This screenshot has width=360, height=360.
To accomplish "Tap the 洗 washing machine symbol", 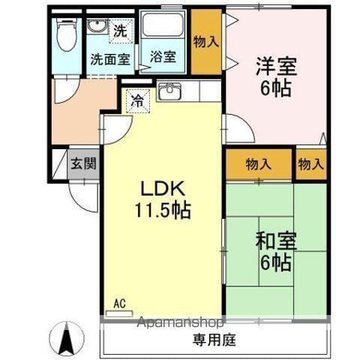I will coord(120,31).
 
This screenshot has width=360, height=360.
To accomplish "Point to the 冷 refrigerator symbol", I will coord(136,99).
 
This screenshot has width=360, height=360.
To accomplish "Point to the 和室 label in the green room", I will coord(277,241).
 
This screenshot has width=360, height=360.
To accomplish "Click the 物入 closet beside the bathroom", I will coord(205,42).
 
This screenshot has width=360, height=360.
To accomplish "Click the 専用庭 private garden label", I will coord(214,340).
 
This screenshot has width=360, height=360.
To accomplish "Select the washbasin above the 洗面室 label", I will coord(97,27).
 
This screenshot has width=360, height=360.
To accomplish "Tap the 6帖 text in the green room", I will coord(277,263).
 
